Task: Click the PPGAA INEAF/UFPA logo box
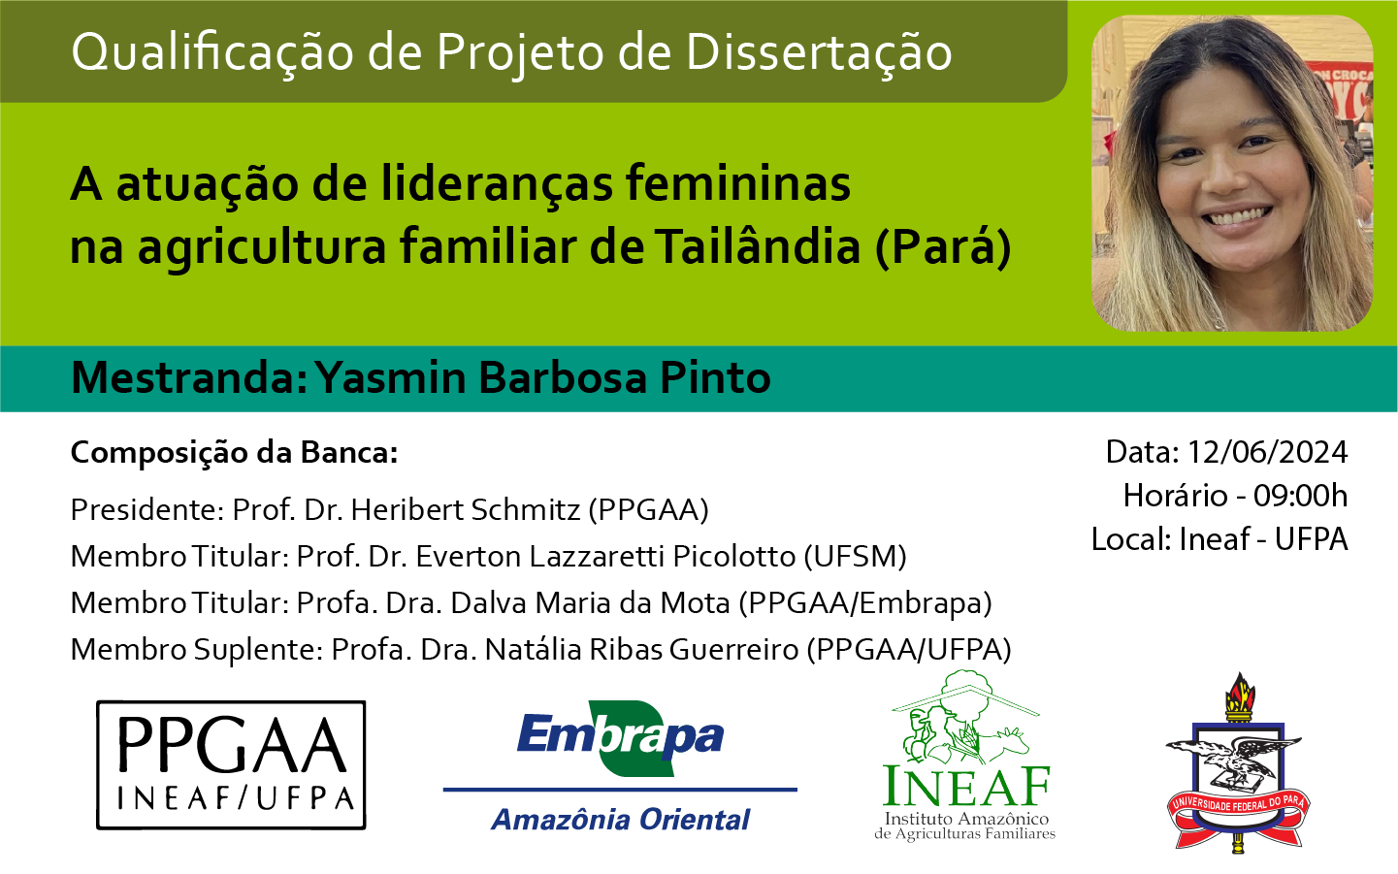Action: click(231, 764)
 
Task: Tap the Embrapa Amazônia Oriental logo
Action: click(620, 766)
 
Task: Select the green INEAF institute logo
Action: click(965, 756)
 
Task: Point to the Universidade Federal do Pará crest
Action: click(1238, 763)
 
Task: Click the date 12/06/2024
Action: click(1267, 452)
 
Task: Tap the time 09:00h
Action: click(1301, 496)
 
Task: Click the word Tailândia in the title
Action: click(758, 245)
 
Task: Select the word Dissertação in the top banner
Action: click(819, 52)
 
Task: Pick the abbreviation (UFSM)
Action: click(855, 557)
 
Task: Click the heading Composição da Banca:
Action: click(234, 453)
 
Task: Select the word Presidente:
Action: click(147, 509)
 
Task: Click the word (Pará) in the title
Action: click(943, 247)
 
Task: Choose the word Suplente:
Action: click(258, 650)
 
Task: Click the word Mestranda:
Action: click(189, 377)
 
